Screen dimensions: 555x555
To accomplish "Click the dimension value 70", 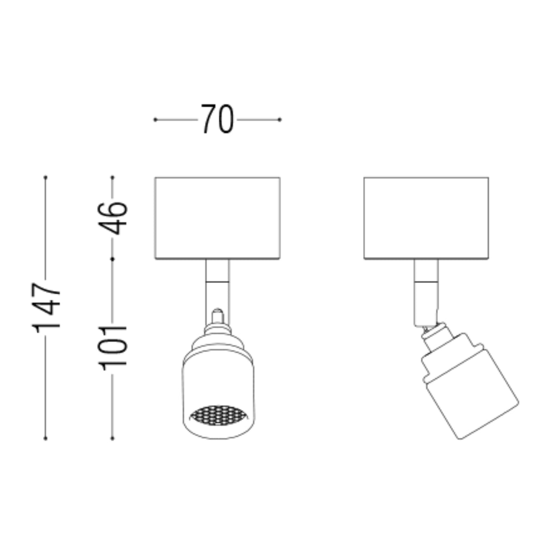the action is click(217, 119).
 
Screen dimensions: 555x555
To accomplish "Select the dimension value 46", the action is click(112, 219).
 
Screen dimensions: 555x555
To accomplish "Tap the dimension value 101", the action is click(112, 348).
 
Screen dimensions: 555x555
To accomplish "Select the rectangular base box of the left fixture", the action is click(217, 218).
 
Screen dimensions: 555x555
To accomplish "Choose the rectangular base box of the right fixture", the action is click(426, 218).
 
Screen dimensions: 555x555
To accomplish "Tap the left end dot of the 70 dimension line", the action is click(155, 119).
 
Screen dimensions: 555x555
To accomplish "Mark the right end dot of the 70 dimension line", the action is click(279, 119).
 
